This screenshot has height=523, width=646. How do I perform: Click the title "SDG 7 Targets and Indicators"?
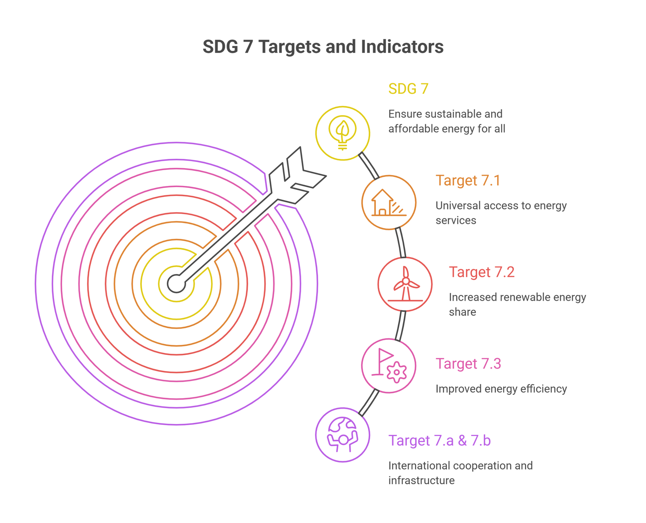323,47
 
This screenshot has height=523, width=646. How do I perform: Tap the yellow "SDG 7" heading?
408,89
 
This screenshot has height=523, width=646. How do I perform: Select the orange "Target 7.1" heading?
468,180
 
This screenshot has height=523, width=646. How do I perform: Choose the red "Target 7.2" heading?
481,272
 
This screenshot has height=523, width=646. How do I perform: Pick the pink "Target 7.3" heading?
468,364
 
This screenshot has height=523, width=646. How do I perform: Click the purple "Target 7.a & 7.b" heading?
439,441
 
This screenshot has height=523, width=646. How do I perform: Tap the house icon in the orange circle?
388,202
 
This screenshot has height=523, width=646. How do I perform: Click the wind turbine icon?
405,284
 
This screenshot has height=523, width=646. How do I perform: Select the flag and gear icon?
389,366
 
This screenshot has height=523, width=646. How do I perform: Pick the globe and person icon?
342,434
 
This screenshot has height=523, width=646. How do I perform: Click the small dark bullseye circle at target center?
176,283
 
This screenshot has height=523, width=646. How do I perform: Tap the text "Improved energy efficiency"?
501,389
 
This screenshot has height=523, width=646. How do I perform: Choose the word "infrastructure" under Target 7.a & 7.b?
421,481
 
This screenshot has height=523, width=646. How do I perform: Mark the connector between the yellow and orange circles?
369,165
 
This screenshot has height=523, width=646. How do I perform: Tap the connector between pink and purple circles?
369,403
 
